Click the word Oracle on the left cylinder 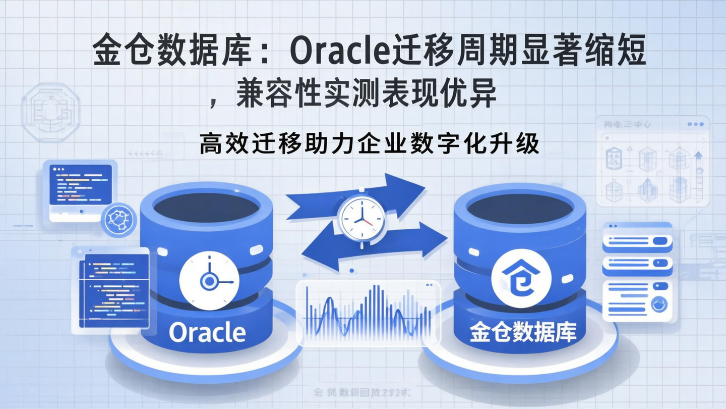coord(207,333)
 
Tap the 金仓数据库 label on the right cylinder coord(523,333)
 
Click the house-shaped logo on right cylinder coord(521,278)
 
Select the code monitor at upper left coord(80,189)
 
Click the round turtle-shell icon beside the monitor coord(119,221)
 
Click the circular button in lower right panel coord(658,304)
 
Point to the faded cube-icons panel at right coord(652,162)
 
